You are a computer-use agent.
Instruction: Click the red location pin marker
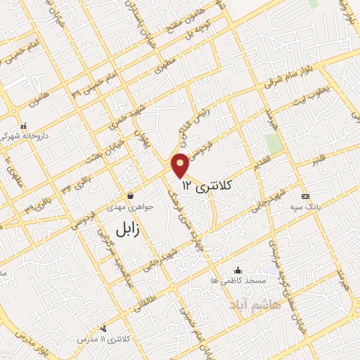click(x=181, y=164)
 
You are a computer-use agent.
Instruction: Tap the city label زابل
click(x=129, y=226)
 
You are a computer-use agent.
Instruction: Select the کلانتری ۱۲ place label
click(x=207, y=185)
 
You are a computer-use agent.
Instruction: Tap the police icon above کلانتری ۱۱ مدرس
click(x=104, y=327)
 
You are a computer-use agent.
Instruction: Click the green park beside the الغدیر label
click(x=275, y=143)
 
